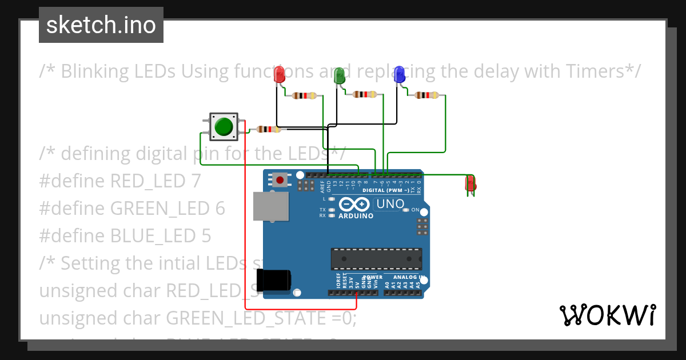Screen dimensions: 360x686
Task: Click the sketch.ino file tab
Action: point(101,25)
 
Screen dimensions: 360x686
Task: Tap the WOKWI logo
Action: point(607,315)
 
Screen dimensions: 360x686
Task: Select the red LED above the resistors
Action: point(280,74)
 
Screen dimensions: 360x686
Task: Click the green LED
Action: point(340,75)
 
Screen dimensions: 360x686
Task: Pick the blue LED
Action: point(400,74)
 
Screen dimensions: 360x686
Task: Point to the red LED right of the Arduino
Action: point(470,184)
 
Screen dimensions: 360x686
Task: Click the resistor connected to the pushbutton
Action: point(269,130)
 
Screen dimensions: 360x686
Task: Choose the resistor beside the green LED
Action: point(364,94)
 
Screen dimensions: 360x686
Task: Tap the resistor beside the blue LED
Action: point(426,95)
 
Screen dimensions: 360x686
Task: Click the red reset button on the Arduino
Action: point(280,181)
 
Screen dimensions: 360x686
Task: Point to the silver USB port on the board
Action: point(270,206)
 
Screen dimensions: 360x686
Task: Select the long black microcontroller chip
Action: point(376,259)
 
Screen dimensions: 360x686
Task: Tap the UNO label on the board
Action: point(390,204)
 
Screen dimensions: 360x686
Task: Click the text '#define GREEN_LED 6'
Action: point(132,209)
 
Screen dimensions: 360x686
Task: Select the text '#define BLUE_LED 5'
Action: point(125,235)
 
